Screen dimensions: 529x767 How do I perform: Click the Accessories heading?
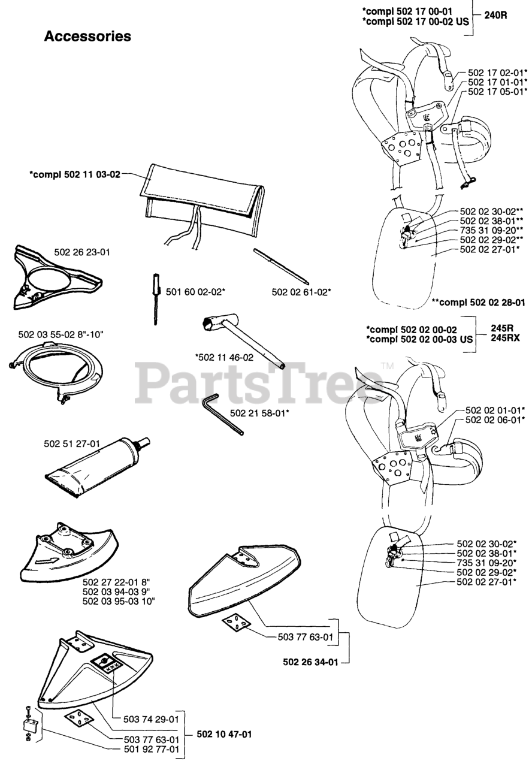tap(87, 37)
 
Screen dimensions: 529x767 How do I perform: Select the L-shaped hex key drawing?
tap(222, 413)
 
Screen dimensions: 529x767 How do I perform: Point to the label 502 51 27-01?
tap(72, 444)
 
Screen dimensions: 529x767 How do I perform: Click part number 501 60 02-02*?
tap(195, 291)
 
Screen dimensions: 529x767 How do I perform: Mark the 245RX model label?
tap(504, 338)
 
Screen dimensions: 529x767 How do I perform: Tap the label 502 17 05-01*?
tap(497, 92)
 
